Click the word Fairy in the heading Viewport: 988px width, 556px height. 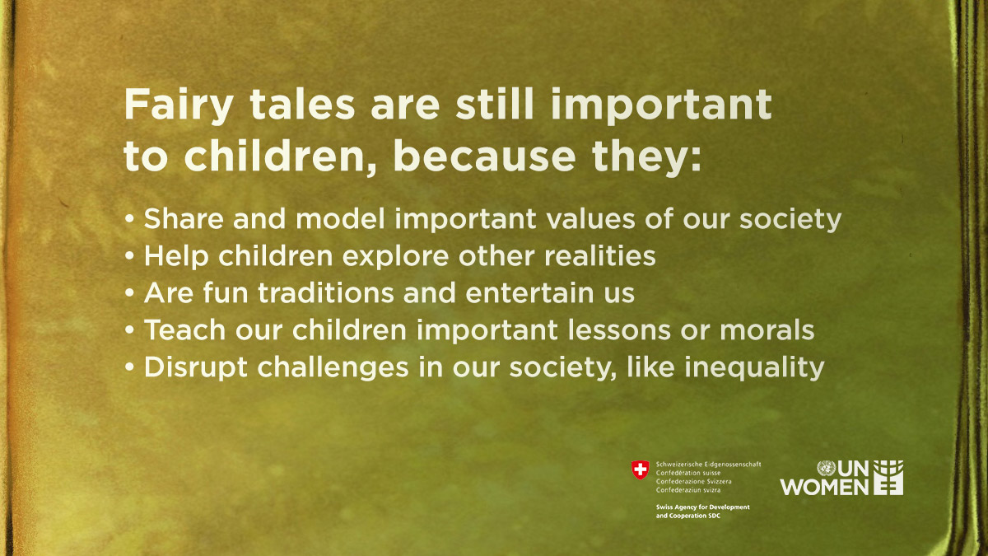179,106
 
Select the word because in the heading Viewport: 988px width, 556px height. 484,156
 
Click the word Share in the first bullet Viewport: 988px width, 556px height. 184,218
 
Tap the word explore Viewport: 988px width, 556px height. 396,256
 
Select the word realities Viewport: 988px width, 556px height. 600,256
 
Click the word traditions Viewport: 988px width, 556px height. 326,293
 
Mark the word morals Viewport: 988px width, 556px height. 767,330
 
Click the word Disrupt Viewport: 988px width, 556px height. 195,368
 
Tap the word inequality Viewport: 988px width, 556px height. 754,368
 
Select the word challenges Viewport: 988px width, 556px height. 333,368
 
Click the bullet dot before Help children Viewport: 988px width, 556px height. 129,256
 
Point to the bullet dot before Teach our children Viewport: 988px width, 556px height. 129,330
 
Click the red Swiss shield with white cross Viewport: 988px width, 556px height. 640,470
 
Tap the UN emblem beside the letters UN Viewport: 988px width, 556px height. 826,468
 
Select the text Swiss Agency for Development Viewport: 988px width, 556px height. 702,507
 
